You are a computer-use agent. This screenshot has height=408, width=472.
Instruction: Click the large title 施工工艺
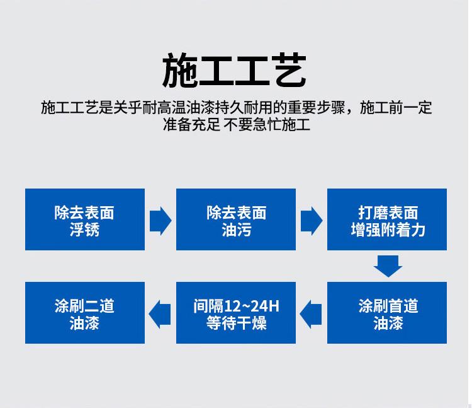coord(234,70)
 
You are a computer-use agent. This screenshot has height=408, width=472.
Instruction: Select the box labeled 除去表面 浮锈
coord(85,219)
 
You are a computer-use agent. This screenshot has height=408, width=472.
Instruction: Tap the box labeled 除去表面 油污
coord(236,219)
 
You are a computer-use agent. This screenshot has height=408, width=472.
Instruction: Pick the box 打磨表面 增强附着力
coord(387,219)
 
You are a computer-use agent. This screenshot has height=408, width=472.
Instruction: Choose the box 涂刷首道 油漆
coord(387,313)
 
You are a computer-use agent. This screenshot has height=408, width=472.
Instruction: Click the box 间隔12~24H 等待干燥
coord(236,313)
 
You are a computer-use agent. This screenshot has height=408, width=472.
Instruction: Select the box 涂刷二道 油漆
coord(85,313)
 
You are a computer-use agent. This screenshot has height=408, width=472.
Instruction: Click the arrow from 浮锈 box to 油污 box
coord(160,221)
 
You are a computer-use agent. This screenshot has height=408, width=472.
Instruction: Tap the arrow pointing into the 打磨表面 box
coord(312,221)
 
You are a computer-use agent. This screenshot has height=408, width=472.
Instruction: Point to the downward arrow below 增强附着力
coord(388,266)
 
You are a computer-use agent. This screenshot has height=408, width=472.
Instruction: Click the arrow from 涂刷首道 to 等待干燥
coord(311,314)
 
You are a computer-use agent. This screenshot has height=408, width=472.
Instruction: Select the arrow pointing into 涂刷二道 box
coord(160,314)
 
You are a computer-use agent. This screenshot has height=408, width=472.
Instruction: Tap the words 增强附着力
coord(388,230)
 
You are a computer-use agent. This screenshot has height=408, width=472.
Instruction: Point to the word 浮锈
coord(84,230)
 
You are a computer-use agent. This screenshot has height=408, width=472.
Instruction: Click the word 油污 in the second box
coord(236,230)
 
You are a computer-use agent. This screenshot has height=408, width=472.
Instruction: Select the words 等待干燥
coord(236,323)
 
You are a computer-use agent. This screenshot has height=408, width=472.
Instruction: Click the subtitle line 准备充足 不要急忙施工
coord(236,124)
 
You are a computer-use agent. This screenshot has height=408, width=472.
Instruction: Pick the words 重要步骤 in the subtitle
coord(316,108)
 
